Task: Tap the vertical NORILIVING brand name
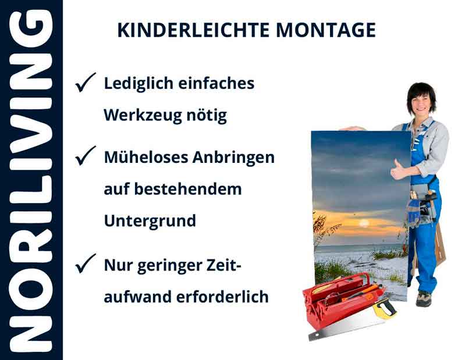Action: [31, 180]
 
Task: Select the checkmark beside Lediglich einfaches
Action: [86, 84]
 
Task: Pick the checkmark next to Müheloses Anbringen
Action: [86, 156]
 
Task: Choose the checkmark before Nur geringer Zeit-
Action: [86, 265]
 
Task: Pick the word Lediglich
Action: [133, 84]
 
